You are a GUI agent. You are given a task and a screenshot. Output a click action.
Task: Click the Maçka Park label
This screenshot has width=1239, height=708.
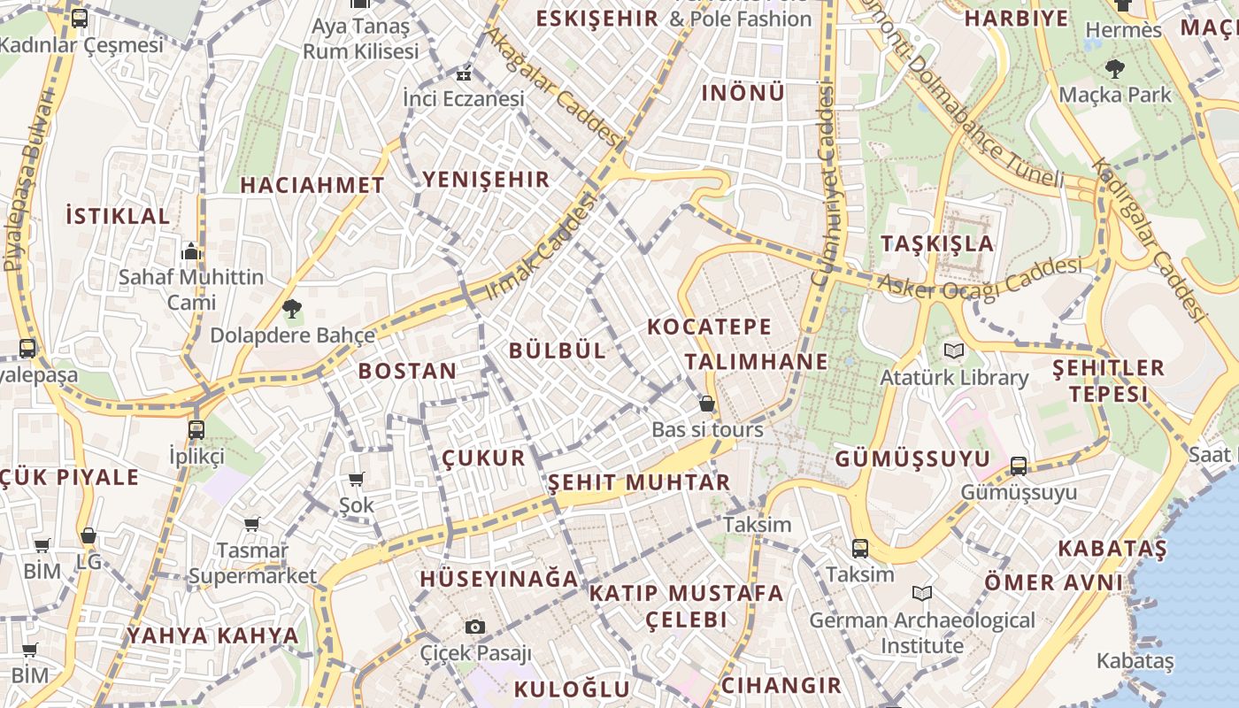click(x=1114, y=94)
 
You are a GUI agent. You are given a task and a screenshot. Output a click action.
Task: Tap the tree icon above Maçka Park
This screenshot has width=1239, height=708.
click(x=1114, y=67)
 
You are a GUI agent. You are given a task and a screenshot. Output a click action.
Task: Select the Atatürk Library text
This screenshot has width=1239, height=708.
click(x=953, y=378)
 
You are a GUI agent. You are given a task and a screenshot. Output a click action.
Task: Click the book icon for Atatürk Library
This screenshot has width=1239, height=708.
click(x=953, y=351)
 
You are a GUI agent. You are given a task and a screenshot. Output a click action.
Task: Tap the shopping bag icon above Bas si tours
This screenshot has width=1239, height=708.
click(x=706, y=404)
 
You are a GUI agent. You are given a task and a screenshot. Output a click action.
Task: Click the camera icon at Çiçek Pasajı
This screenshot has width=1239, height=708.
click(x=475, y=627)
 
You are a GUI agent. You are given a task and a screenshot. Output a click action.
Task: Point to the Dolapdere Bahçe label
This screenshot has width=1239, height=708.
click(x=292, y=335)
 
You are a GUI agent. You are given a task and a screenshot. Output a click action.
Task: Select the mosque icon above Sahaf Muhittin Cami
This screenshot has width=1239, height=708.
click(x=191, y=252)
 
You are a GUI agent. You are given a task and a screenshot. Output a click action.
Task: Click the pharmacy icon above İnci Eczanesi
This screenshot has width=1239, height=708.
click(x=463, y=73)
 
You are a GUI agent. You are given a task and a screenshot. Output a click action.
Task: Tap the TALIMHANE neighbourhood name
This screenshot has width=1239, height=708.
click(x=756, y=361)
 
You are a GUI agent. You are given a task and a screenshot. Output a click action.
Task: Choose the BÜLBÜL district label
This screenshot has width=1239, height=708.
click(x=558, y=350)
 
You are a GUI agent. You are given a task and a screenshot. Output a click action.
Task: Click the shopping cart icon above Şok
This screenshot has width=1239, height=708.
click(x=356, y=480)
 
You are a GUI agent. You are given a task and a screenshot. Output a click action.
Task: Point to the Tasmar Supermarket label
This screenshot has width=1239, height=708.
click(x=252, y=563)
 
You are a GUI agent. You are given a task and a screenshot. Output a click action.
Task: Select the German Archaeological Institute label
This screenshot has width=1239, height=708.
click(x=921, y=633)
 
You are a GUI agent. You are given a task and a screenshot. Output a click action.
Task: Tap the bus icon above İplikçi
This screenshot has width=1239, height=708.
click(x=196, y=430)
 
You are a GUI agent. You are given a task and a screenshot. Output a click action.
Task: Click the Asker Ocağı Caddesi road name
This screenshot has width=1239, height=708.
click(x=980, y=278)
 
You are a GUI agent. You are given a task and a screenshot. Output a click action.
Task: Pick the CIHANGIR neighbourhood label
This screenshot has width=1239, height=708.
click(x=781, y=685)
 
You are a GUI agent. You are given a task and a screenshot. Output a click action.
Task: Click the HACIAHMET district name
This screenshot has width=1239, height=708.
click(x=312, y=185)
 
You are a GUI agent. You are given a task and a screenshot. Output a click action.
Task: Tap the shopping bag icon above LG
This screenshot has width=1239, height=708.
click(x=88, y=535)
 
